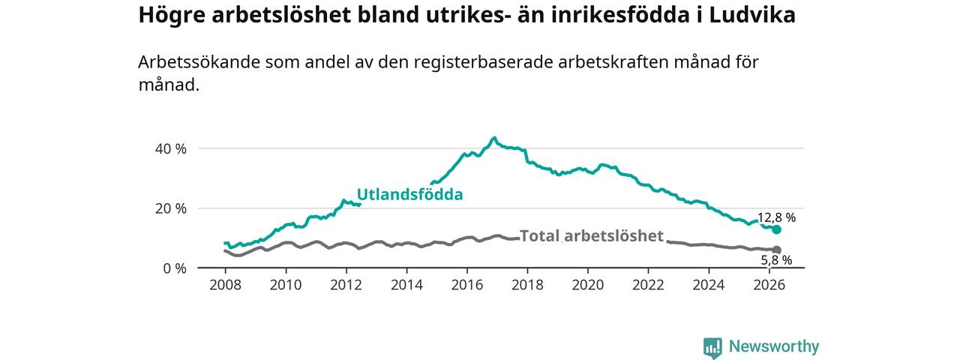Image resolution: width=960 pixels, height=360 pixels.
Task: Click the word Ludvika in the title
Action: [752, 15]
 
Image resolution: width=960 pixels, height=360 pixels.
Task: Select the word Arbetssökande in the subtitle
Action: [199, 62]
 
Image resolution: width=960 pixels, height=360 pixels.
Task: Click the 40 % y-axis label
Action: [171, 148]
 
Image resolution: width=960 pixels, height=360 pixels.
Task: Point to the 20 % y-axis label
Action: [171, 208]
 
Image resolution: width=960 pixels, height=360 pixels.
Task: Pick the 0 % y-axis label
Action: [175, 268]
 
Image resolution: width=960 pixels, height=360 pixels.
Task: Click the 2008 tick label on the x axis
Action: [226, 285]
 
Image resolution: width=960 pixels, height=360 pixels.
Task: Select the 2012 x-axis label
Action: [346, 285]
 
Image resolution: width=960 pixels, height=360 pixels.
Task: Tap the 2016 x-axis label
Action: [467, 285]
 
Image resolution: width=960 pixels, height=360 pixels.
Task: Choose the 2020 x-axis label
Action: [588, 285]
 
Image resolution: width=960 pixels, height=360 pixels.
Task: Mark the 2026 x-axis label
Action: [769, 285]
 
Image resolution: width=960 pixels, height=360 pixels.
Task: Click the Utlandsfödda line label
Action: [409, 194]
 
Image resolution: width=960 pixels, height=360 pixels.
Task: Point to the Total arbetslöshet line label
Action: [592, 235]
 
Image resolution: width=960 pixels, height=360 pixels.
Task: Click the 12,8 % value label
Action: [776, 217]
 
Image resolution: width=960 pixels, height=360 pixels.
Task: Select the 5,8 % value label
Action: [776, 260]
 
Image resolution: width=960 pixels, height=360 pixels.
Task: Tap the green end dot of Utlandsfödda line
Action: [776, 229]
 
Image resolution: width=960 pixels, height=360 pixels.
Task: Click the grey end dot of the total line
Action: [776, 250]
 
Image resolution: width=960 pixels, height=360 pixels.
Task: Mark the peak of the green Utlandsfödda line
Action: [494, 138]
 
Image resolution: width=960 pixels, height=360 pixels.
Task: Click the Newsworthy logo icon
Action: [712, 347]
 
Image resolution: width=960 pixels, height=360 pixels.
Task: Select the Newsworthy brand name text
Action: [774, 346]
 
